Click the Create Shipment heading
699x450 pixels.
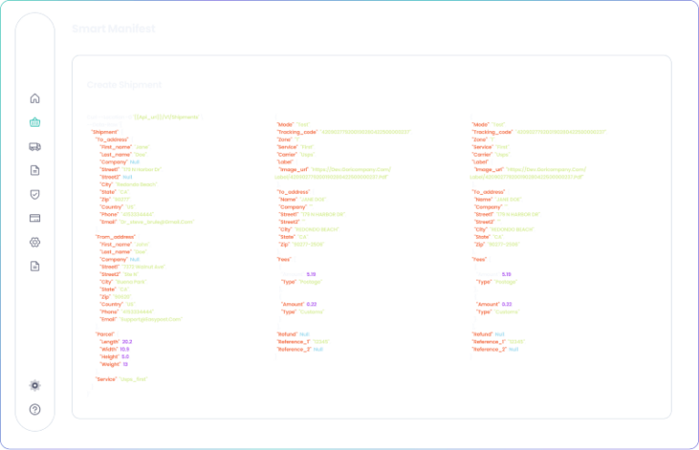(x=124, y=85)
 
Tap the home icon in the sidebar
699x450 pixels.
(x=35, y=97)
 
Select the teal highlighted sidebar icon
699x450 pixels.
(x=35, y=122)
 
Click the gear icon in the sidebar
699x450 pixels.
(x=35, y=385)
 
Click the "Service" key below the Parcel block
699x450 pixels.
(x=107, y=379)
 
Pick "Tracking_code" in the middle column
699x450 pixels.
(x=297, y=131)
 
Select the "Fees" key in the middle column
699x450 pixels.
(x=283, y=259)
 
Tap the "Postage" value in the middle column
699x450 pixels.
(x=312, y=281)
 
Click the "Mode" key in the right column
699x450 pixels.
(x=481, y=124)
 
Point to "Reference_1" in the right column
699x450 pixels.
(x=491, y=342)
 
